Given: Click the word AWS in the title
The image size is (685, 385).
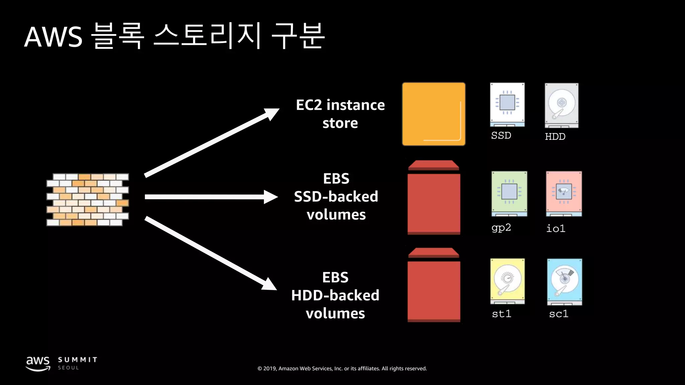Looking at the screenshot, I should pos(54,37).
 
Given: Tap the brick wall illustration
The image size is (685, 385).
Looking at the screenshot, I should pos(88,200).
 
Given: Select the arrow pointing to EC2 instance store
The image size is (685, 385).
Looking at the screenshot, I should pos(211,143).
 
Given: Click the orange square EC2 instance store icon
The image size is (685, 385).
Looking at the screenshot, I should pos(433,114).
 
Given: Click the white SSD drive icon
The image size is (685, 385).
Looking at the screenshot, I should pos(507,105).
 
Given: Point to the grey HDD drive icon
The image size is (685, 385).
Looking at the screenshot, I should pos(562,105).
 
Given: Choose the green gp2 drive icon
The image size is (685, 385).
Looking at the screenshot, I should pos(509,194).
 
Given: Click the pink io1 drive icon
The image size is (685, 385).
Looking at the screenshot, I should pos(564,194).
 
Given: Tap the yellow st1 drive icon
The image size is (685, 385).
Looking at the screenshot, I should pos(507,281).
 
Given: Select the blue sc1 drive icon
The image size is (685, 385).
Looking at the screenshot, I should pos(565,281).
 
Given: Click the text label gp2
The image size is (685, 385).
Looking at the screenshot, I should pos(501,228).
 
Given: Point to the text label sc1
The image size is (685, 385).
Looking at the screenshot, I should pos(559,314).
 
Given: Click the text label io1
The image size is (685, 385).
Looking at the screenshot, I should pos(556,229).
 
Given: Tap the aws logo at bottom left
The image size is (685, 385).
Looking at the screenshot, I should pos(38,363).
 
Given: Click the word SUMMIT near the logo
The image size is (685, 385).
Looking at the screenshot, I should pos(78,360).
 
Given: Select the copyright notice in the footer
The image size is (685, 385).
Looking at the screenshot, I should pos(342,368).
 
